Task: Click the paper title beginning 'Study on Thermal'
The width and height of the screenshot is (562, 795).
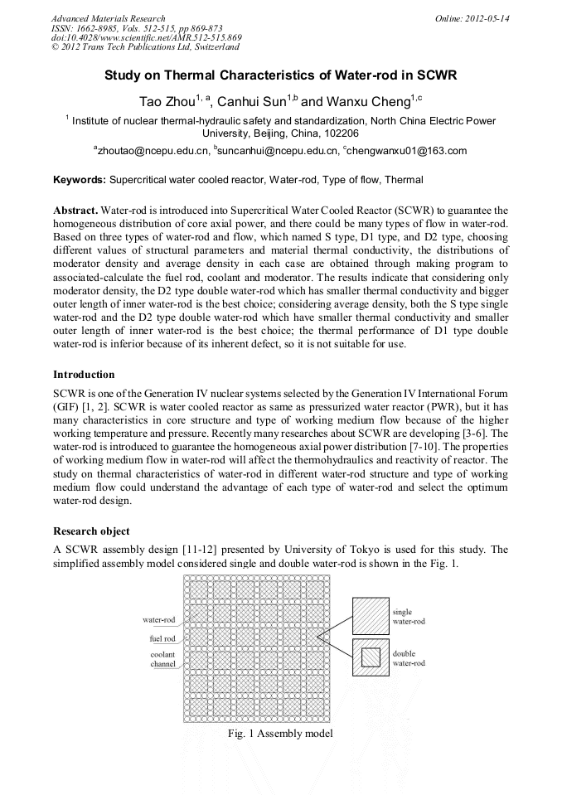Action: point(280,75)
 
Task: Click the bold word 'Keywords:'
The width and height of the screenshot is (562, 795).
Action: point(79,179)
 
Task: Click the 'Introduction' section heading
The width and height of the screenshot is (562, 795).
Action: point(84,374)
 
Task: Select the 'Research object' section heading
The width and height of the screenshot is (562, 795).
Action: point(91,530)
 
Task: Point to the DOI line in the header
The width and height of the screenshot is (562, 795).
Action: point(146,37)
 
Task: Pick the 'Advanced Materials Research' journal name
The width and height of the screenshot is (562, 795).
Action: point(108,18)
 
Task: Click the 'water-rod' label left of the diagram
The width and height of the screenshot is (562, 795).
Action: point(159,619)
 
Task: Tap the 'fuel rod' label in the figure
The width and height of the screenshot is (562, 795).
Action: point(162,639)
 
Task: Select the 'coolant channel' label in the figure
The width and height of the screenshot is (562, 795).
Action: point(162,659)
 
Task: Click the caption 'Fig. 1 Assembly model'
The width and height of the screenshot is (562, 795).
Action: point(280,734)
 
